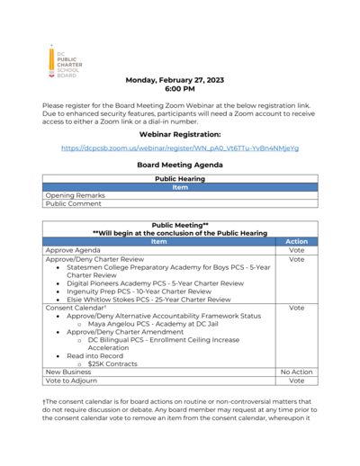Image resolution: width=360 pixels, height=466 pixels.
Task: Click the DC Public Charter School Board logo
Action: pyautogui.click(x=65, y=61)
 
